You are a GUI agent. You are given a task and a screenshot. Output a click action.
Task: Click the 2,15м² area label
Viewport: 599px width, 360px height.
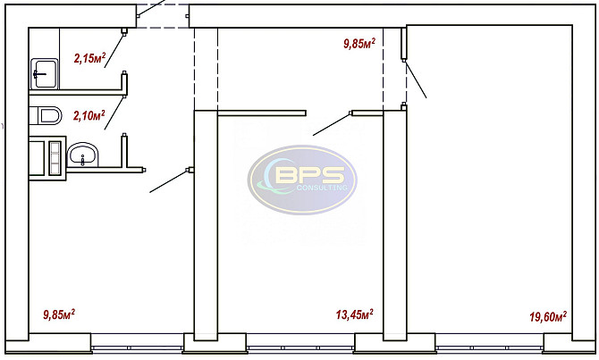[x=89, y=58]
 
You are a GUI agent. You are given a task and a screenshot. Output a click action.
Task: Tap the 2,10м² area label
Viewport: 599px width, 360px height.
[x=89, y=115]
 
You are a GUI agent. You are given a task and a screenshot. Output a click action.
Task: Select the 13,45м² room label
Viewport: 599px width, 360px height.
[x=355, y=314]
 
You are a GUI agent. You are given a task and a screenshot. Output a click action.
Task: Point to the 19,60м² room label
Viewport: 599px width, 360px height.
[x=548, y=316]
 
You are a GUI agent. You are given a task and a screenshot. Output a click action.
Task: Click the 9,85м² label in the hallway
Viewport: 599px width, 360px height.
[x=359, y=43]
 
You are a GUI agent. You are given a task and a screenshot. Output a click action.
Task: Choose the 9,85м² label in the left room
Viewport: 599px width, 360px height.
[x=59, y=314]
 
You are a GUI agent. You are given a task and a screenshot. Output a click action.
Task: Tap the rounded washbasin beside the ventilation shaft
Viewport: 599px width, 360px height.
[x=82, y=155]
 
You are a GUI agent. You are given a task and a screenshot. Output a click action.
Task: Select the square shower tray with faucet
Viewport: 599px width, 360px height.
[x=45, y=73]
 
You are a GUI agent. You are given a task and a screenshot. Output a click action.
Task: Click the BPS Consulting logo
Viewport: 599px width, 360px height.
[x=302, y=180]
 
